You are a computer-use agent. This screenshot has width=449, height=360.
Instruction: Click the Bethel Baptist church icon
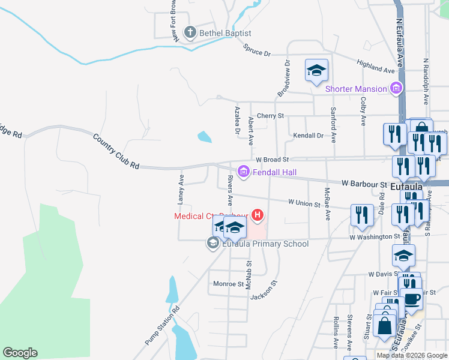coord(190,32)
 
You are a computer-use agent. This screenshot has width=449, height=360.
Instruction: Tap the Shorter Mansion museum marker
coord(396,89)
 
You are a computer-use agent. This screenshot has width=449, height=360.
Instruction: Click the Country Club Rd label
coord(116,151)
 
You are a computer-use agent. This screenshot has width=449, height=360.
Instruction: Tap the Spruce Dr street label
coord(257,51)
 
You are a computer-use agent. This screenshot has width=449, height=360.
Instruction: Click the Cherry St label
coord(270,115)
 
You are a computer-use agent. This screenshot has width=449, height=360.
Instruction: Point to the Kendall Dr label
coord(308,136)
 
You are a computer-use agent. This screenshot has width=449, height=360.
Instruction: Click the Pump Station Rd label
coord(162,326)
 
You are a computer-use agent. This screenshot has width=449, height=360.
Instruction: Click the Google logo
coord(20,353)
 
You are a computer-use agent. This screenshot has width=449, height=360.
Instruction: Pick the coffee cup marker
coord(412,299)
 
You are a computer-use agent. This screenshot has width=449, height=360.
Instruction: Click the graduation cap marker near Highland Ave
coord(316,71)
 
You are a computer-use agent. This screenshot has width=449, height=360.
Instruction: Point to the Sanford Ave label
coord(333,125)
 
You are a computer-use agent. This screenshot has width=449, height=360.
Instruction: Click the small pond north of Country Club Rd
coord(204,137)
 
